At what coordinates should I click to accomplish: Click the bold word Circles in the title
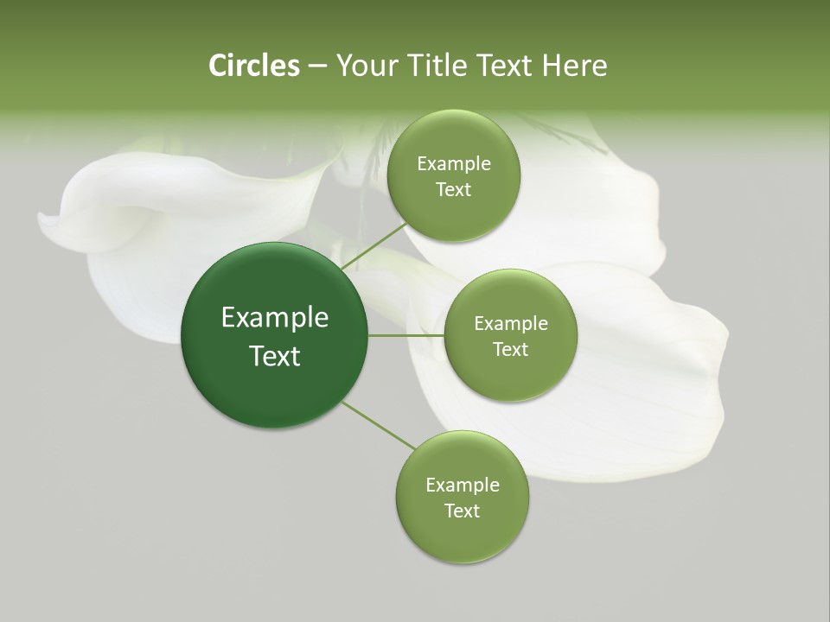tap(253, 66)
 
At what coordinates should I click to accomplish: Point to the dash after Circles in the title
tap(317, 67)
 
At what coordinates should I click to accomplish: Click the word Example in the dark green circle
tap(275, 318)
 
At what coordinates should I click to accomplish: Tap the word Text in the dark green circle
tap(275, 356)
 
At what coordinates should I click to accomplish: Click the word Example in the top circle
tap(454, 164)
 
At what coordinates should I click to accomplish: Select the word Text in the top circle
tap(454, 189)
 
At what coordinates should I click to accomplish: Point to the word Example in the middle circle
tap(510, 324)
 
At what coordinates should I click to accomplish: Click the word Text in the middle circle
tap(510, 349)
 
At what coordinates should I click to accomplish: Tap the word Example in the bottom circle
tap(463, 486)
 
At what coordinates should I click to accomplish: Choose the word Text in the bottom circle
tap(463, 511)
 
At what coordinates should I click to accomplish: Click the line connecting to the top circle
tap(373, 245)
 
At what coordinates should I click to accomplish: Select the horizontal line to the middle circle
tap(406, 335)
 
